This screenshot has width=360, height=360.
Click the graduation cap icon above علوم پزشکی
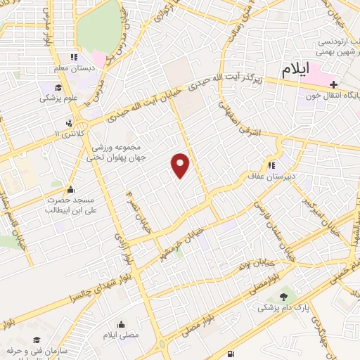click(x=56, y=86)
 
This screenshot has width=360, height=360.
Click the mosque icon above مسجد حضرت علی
click(x=70, y=189)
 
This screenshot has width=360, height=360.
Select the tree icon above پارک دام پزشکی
click(x=284, y=297)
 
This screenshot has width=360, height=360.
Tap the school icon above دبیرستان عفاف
click(x=271, y=165)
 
